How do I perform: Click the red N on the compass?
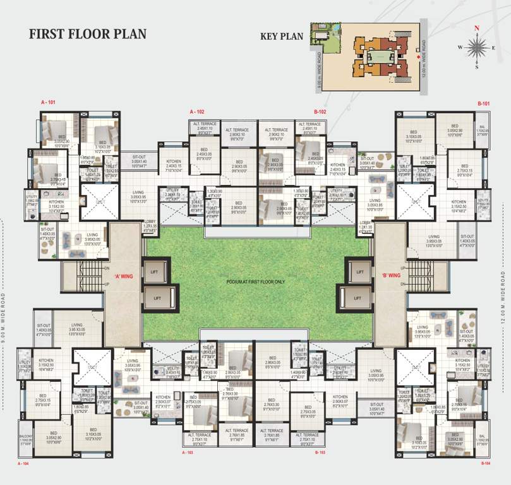[477, 28]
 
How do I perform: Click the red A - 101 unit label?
[49, 102]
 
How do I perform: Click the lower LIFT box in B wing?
[358, 297]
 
